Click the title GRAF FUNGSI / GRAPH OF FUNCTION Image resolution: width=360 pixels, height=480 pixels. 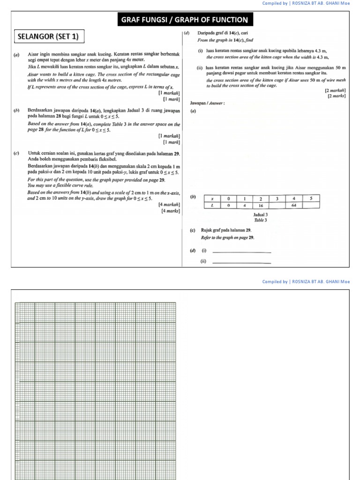[x=185, y=20]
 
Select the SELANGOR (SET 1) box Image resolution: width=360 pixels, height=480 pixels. [x=48, y=36]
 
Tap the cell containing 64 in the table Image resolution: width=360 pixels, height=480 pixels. [x=294, y=205]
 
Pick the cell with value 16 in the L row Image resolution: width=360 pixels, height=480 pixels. [x=261, y=205]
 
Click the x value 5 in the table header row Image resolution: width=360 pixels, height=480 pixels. [x=311, y=199]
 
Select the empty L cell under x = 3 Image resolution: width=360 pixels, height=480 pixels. [x=277, y=205]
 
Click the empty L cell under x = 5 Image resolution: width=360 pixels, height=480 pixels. [x=311, y=205]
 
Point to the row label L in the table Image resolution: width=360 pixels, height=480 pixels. [x=212, y=205]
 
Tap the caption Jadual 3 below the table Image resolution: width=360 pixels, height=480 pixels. [x=260, y=215]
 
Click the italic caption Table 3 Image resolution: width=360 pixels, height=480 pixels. [x=260, y=220]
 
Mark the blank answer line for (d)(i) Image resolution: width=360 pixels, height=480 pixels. [x=242, y=252]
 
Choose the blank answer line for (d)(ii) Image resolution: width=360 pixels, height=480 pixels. [x=242, y=262]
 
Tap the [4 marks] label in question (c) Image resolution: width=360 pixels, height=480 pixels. [x=171, y=211]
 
